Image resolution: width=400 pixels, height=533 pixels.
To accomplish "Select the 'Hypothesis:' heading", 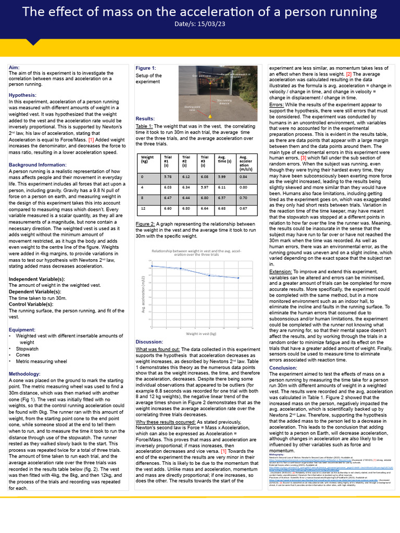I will [22, 95].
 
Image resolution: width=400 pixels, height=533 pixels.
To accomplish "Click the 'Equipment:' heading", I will [22, 329].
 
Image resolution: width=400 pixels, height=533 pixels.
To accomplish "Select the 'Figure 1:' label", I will [146, 68].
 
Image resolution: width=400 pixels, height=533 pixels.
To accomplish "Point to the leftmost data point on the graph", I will [152, 266].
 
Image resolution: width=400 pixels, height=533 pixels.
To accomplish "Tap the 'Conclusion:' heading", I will [283, 368].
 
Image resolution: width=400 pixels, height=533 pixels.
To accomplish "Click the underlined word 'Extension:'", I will [281, 272].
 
